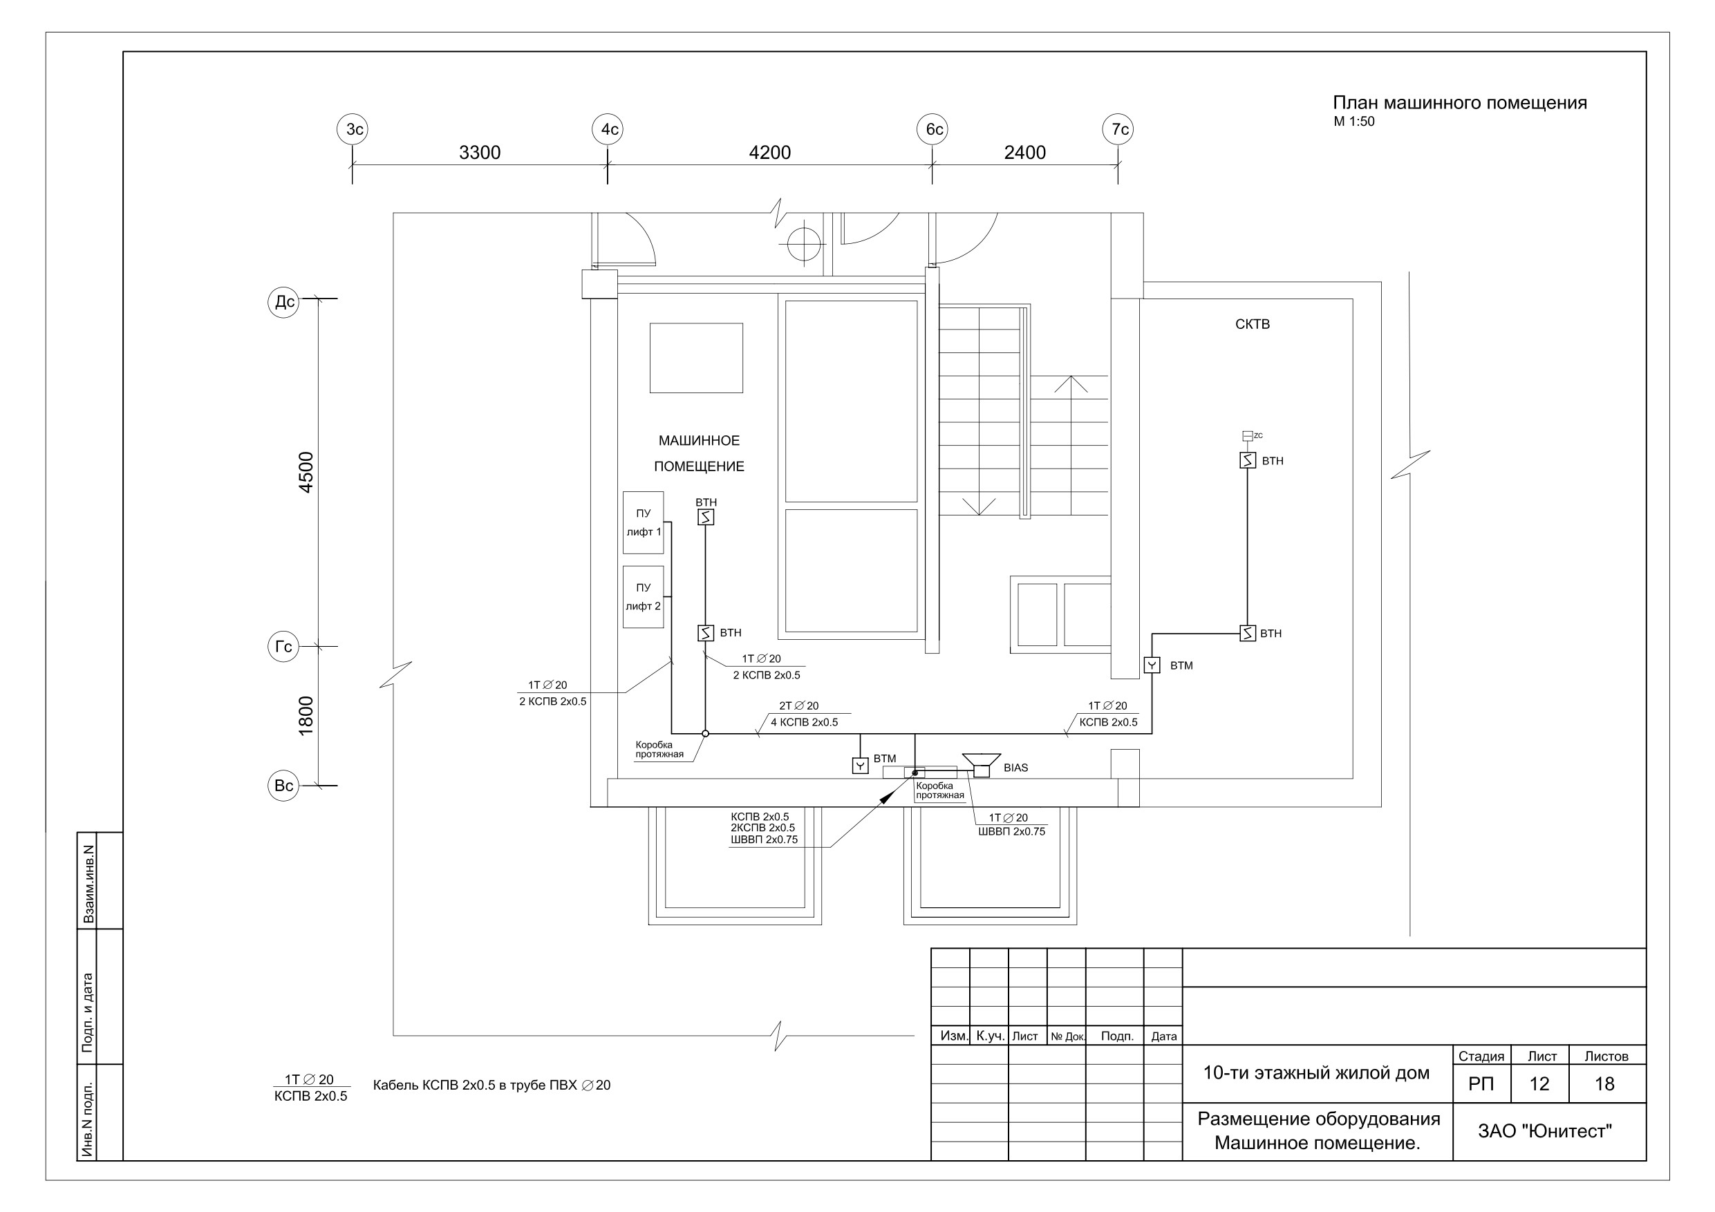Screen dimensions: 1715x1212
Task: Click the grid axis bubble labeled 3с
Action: [353, 129]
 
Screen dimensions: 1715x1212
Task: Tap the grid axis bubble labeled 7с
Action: [1118, 129]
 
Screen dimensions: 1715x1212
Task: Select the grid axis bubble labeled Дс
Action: [284, 302]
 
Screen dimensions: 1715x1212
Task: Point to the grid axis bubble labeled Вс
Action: [284, 786]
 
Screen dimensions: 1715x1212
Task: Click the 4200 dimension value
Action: [769, 152]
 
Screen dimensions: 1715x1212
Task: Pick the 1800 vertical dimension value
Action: [306, 715]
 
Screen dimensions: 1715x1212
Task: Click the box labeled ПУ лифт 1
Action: [643, 523]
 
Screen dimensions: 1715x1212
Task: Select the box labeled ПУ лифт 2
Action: [643, 596]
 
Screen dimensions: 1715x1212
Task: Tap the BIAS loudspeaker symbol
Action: [982, 765]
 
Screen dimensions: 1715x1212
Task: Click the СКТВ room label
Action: [1253, 324]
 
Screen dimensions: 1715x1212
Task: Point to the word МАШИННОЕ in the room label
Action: [699, 441]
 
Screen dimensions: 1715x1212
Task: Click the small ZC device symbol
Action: [1248, 435]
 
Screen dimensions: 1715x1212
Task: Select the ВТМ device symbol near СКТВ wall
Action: [1152, 665]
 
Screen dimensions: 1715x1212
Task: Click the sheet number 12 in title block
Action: [1539, 1083]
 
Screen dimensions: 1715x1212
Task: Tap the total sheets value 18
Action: [1604, 1083]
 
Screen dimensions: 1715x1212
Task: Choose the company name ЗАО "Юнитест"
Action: [1545, 1131]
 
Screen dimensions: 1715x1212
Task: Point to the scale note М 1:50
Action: [1354, 122]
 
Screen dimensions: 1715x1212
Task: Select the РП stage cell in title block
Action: [1481, 1083]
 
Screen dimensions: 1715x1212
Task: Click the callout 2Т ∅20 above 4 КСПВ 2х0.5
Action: [798, 706]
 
